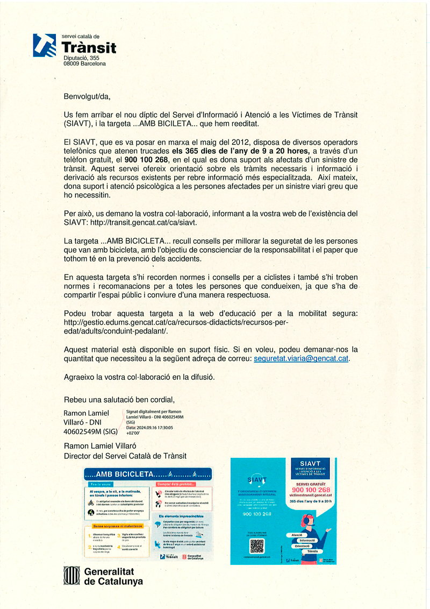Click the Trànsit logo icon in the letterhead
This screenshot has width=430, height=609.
tap(44, 45)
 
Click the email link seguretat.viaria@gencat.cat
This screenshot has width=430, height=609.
tap(301, 358)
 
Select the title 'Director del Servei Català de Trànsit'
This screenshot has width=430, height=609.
tap(125, 456)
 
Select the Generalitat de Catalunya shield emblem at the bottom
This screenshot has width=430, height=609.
tap(72, 576)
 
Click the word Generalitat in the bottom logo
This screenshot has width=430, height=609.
tap(109, 572)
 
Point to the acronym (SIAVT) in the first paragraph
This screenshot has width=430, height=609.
tap(81, 123)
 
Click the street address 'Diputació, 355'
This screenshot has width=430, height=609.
tap(81, 58)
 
